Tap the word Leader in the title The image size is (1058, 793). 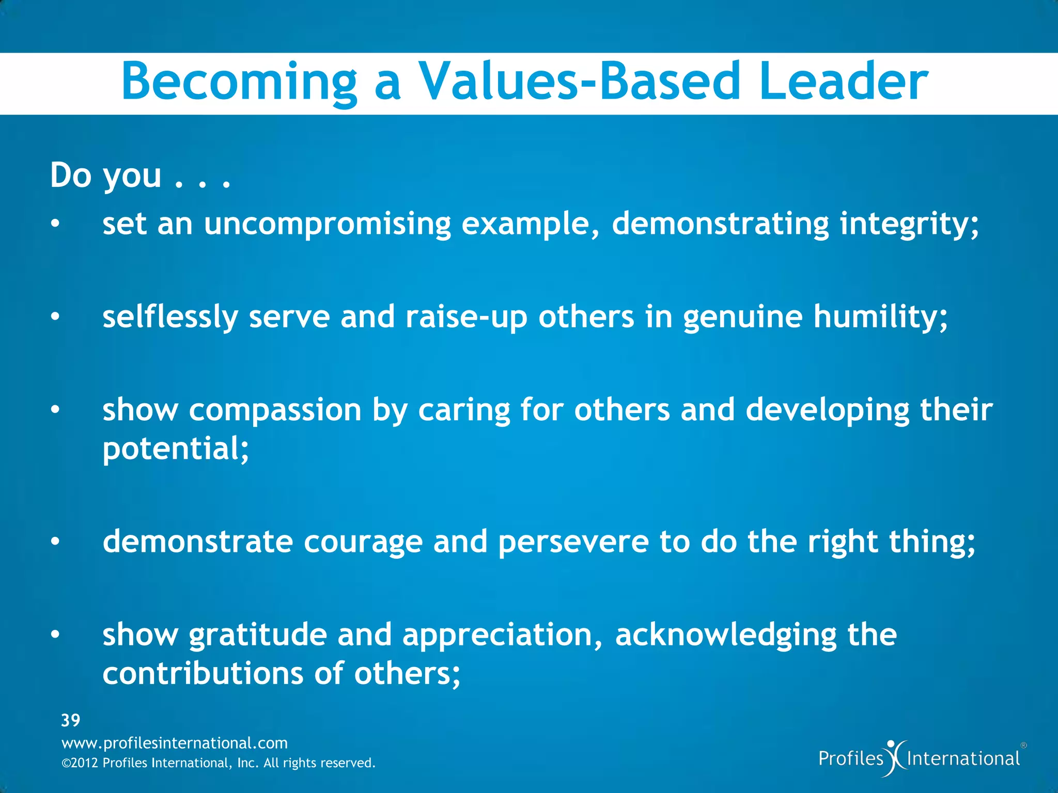coord(843,82)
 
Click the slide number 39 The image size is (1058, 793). coord(71,720)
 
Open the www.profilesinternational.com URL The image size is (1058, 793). coord(175,743)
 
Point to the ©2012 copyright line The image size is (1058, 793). coord(218,763)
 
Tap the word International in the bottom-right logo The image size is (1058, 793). coord(963,758)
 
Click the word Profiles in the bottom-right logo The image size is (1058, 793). coord(851,758)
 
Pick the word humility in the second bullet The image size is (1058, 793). coord(880,317)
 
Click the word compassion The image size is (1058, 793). coord(275,411)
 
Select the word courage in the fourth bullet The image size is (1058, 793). coord(363,543)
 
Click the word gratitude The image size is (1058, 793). coord(258,636)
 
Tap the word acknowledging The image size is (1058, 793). coord(725,636)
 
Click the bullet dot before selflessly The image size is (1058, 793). coord(55,317)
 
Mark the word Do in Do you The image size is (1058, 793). coord(70,176)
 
